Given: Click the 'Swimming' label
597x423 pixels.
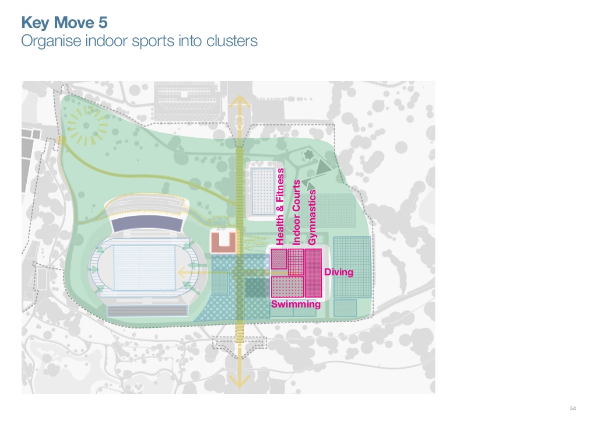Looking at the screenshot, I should pos(296,304).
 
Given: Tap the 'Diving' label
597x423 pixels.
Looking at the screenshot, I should pos(339,272).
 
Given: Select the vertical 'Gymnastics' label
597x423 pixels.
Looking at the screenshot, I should pos(312,217).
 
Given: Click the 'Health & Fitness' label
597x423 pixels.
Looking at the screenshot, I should pos(280,207).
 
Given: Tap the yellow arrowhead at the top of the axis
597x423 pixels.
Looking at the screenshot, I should pos(239,104).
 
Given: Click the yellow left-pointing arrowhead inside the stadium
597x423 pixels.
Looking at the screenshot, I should pos(183,271).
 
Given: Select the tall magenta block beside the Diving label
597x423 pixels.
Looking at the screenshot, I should pos(314,272).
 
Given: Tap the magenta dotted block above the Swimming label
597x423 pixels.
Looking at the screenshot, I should pos(287,286).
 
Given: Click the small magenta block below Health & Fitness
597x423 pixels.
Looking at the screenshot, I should pos(279,258).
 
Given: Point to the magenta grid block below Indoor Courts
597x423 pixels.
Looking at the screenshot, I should pos(296,261).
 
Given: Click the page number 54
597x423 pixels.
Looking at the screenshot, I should pos(573,407).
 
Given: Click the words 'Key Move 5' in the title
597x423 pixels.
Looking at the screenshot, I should pos(64,23).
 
